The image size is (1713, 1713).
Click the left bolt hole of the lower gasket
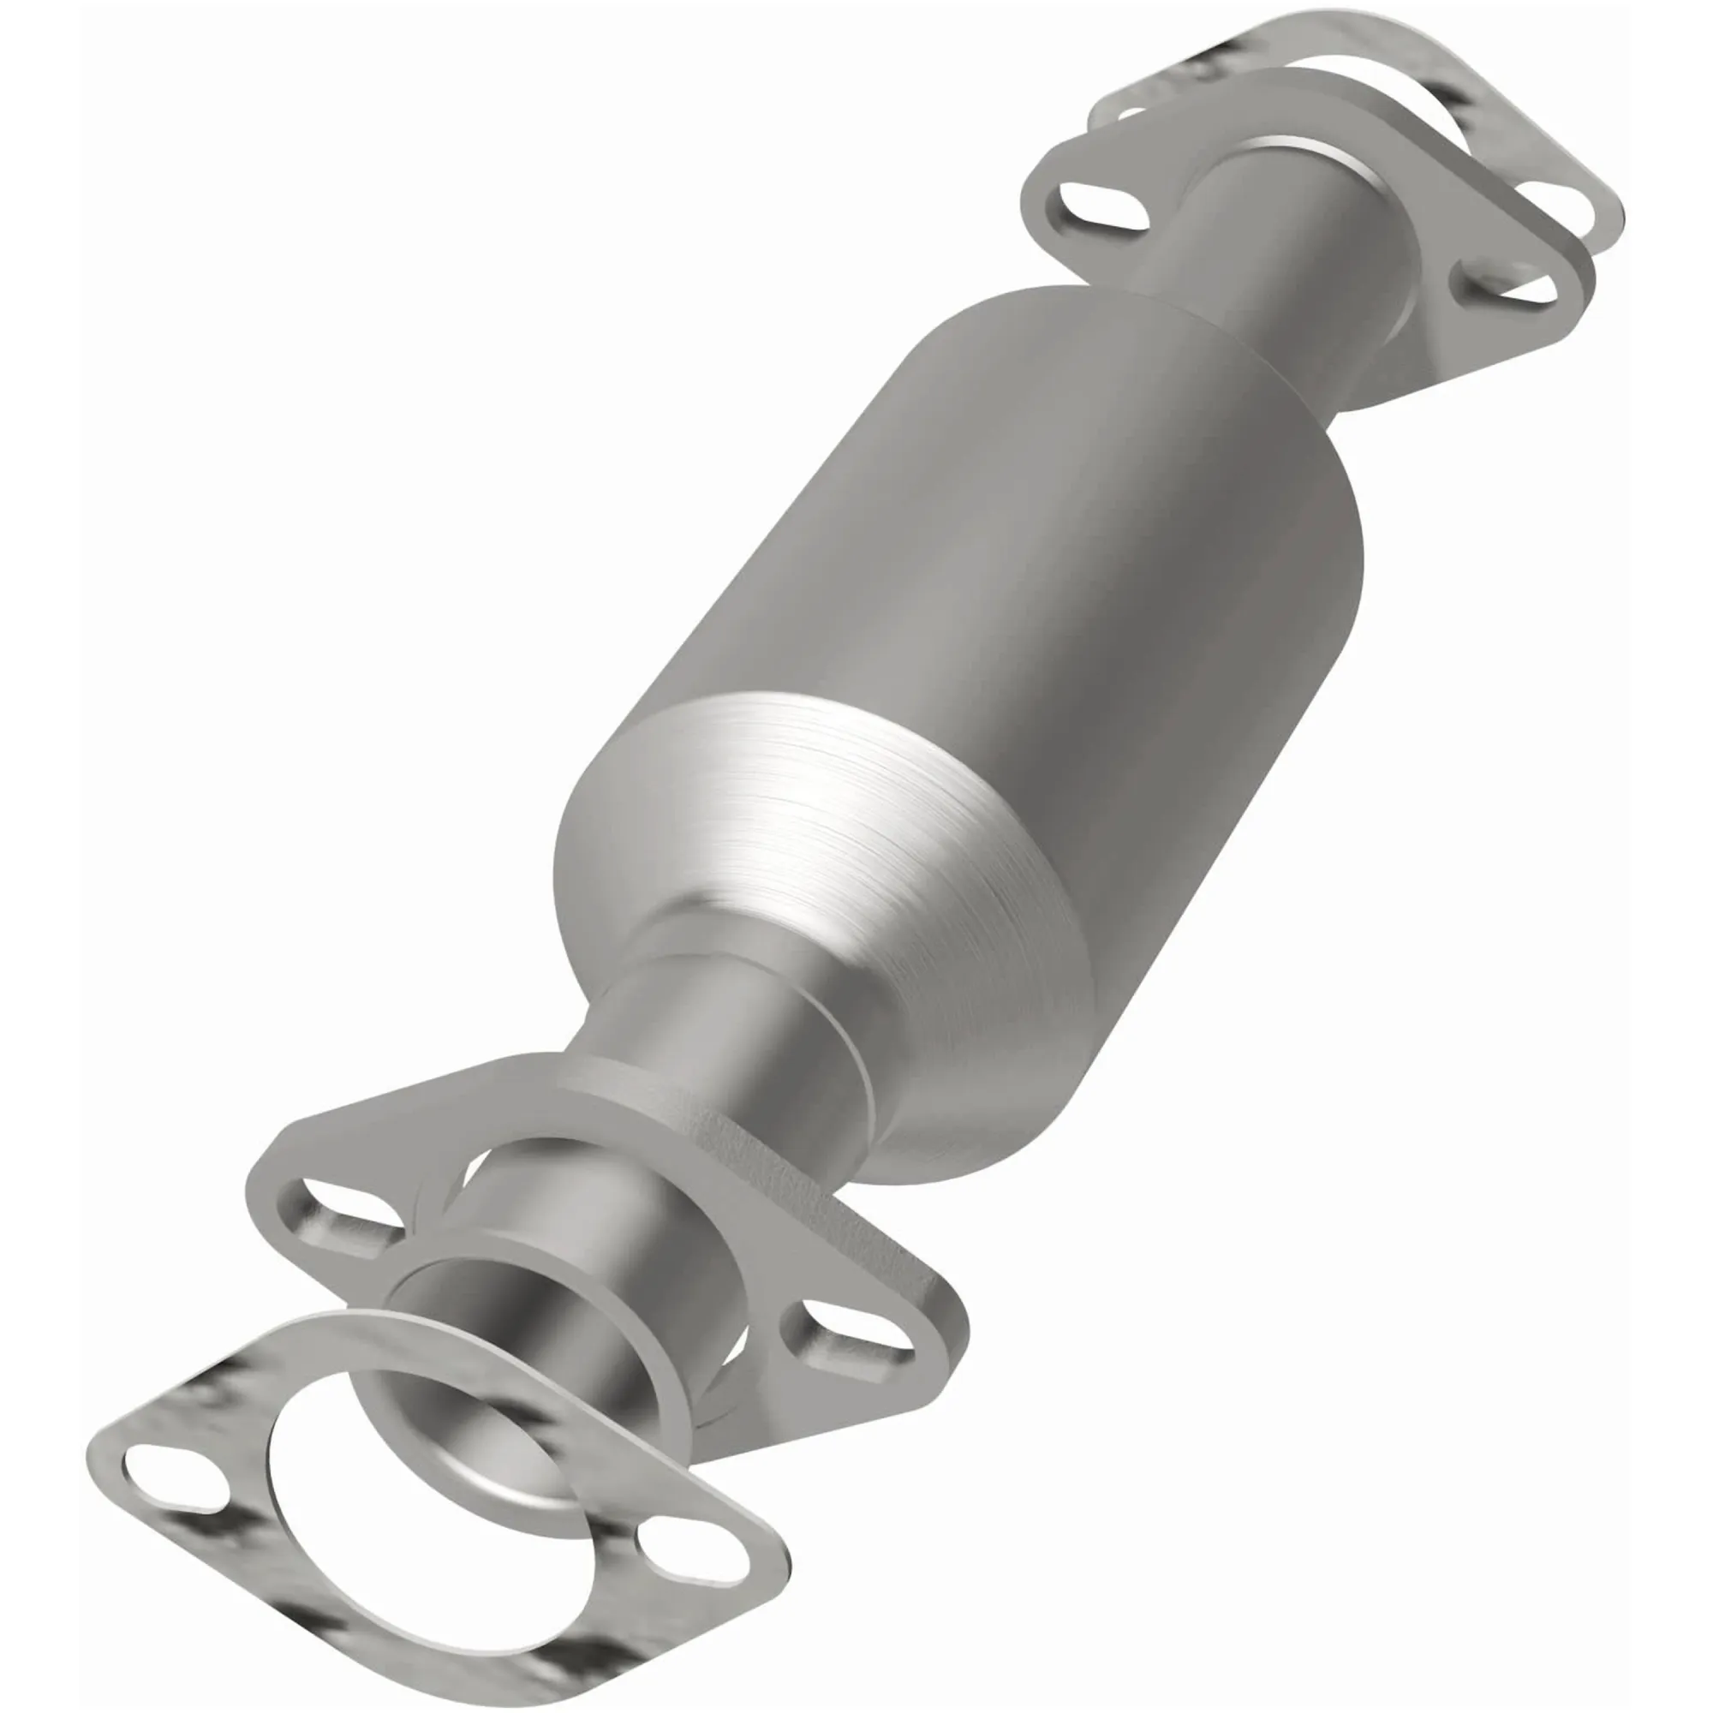pos(174,1477)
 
